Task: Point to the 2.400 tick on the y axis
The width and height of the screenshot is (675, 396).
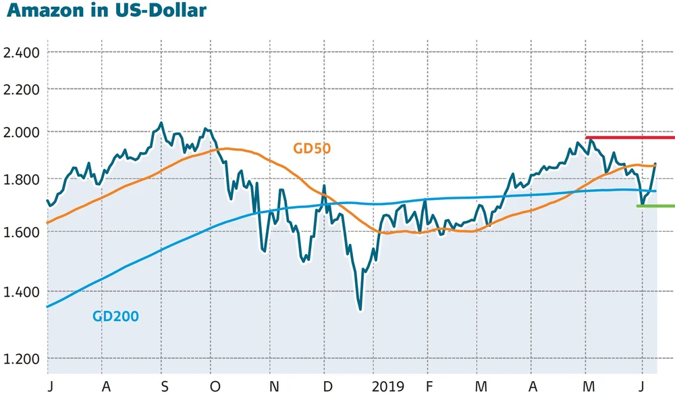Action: point(22,52)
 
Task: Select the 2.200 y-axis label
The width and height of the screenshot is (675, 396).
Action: point(22,89)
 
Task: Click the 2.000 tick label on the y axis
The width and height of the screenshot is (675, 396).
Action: point(22,132)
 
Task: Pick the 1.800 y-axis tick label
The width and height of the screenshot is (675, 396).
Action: point(22,179)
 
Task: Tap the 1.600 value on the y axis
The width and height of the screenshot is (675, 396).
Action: point(22,232)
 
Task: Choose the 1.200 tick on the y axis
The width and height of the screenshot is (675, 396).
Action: point(22,359)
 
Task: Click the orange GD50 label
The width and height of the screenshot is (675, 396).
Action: point(311,148)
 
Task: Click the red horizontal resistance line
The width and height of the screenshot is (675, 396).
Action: point(629,138)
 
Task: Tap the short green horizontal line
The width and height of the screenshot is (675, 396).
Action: point(655,205)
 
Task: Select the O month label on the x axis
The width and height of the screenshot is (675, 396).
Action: point(215,387)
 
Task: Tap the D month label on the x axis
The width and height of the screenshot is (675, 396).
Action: point(327,387)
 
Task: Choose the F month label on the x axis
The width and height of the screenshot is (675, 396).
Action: point(428,387)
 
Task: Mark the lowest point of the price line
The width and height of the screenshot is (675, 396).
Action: point(360,310)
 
